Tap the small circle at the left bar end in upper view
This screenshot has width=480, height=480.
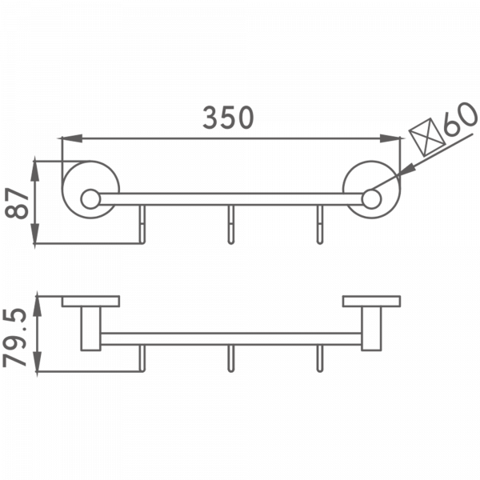(x=90, y=197)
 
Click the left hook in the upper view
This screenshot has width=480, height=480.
(x=142, y=227)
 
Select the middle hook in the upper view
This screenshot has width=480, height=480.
(x=230, y=227)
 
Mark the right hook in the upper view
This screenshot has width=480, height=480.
(x=320, y=227)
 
